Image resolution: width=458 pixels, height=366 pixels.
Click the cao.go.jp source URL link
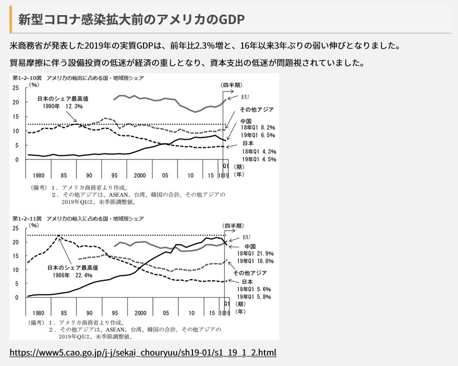[143, 351]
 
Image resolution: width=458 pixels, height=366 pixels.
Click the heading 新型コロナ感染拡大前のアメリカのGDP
[131, 20]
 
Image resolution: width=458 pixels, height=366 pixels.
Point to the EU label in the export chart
[246, 97]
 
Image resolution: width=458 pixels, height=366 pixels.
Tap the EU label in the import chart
[247, 237]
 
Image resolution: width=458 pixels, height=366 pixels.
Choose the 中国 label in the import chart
[249, 246]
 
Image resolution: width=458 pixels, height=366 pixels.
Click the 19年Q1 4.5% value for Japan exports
[258, 159]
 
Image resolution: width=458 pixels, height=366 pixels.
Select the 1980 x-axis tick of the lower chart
[39, 312]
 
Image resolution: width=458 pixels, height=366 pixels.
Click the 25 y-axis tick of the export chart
[16, 88]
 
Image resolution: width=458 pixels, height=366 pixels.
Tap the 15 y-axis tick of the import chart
[16, 256]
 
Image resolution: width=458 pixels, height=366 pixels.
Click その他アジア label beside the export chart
[256, 110]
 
